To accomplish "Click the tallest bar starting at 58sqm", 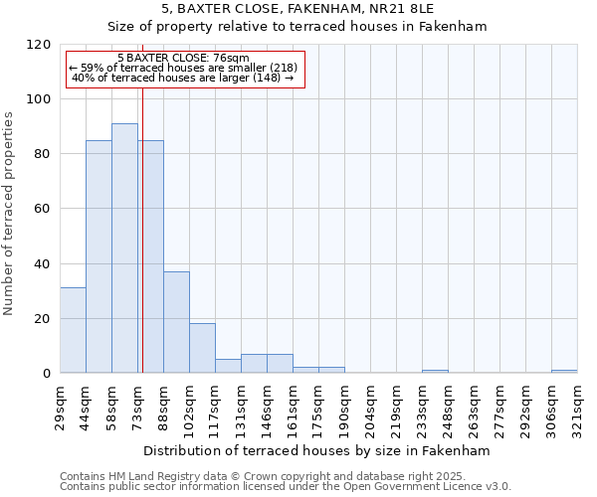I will tap(124, 248).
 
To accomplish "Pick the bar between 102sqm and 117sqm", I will tap(202, 348).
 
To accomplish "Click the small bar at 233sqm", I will tap(435, 371).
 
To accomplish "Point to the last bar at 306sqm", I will tap(564, 371).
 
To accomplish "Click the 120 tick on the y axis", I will tap(41, 45).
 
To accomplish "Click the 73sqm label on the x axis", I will tap(138, 402).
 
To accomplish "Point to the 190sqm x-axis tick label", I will tap(345, 405).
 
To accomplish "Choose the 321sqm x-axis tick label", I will tap(578, 405).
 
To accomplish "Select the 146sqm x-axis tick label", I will tap(268, 405).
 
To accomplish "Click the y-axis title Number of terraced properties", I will tap(9, 214).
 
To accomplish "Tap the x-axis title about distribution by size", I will tap(317, 450).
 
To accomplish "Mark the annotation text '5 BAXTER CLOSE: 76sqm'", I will tap(183, 59).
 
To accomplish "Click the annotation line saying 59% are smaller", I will tap(183, 68).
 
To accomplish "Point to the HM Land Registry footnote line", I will tap(285, 476).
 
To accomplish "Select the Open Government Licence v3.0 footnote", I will tap(285, 486).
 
